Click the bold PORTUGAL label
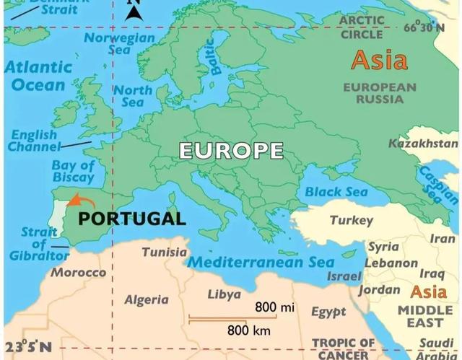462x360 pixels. coord(131,218)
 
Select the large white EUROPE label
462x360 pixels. coord(230,151)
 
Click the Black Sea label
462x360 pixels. coord(336,192)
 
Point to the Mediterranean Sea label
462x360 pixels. coord(261,263)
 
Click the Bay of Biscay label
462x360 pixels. coord(72,172)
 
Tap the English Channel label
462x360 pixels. coord(33,141)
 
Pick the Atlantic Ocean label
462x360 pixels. coord(38,76)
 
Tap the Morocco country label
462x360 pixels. coord(78,273)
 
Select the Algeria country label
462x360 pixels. coord(147,299)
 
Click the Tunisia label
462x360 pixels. coord(164,253)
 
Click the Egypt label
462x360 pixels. coord(328,312)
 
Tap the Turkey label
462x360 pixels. coord(351,220)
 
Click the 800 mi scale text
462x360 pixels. coord(275,308)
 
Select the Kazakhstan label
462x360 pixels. coord(423,143)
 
